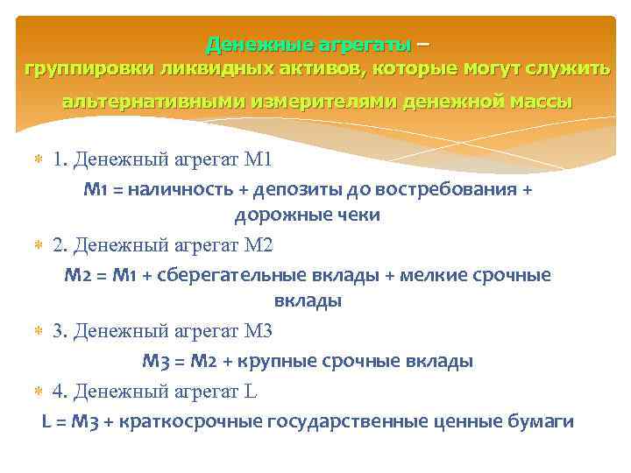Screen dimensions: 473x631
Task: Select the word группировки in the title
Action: [x=82, y=69]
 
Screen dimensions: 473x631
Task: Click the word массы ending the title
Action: [x=539, y=102]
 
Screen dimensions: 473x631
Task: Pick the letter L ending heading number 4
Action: [x=252, y=391]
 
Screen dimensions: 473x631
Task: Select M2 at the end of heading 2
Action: [x=260, y=246]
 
